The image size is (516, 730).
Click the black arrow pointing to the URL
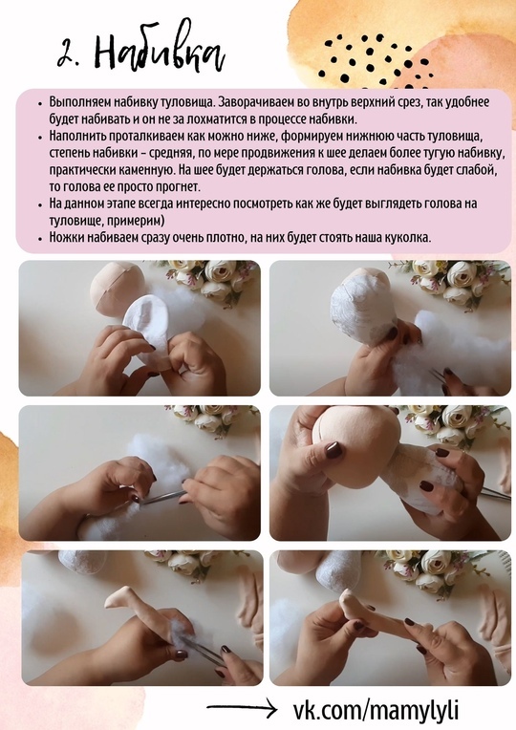pyautogui.click(x=242, y=709)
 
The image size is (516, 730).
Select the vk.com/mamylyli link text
pyautogui.click(x=376, y=710)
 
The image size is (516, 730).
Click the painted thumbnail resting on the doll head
pyautogui.click(x=334, y=450)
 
